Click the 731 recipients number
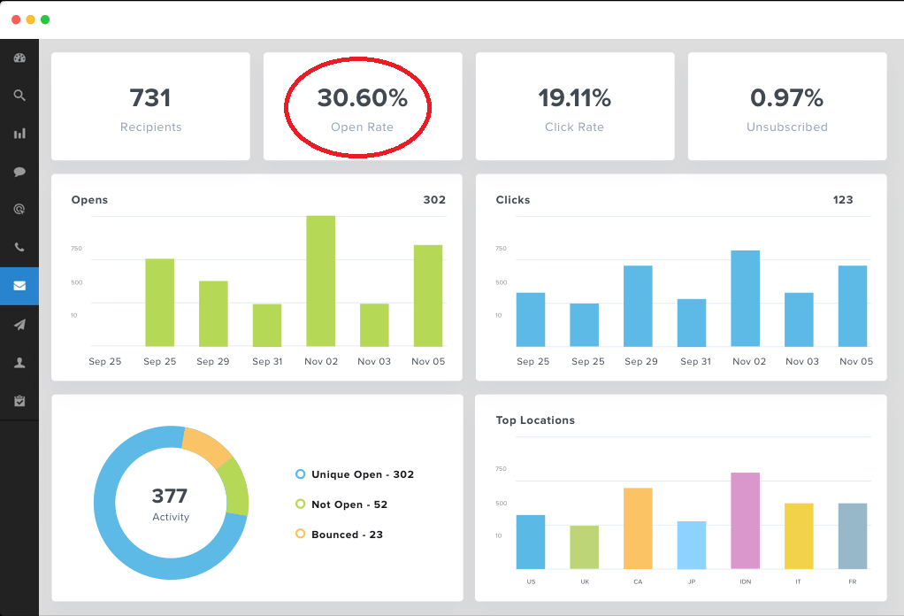tap(150, 97)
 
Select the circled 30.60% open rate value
tap(362, 97)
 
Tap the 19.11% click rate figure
tap(574, 97)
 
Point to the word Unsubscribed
tap(786, 127)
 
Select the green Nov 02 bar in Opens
tap(320, 281)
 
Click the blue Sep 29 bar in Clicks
tap(638, 305)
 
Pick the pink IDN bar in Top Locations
tap(745, 520)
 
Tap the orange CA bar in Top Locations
tap(638, 527)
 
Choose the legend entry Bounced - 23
tap(347, 535)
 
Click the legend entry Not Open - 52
tap(349, 504)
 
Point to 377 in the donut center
tap(170, 496)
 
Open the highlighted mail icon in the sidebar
tap(19, 286)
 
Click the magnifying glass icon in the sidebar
tap(19, 96)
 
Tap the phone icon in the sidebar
tap(19, 248)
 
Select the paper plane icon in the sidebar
tap(19, 325)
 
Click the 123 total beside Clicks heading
tap(842, 200)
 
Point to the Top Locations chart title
tap(535, 420)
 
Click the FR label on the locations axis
tap(852, 581)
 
